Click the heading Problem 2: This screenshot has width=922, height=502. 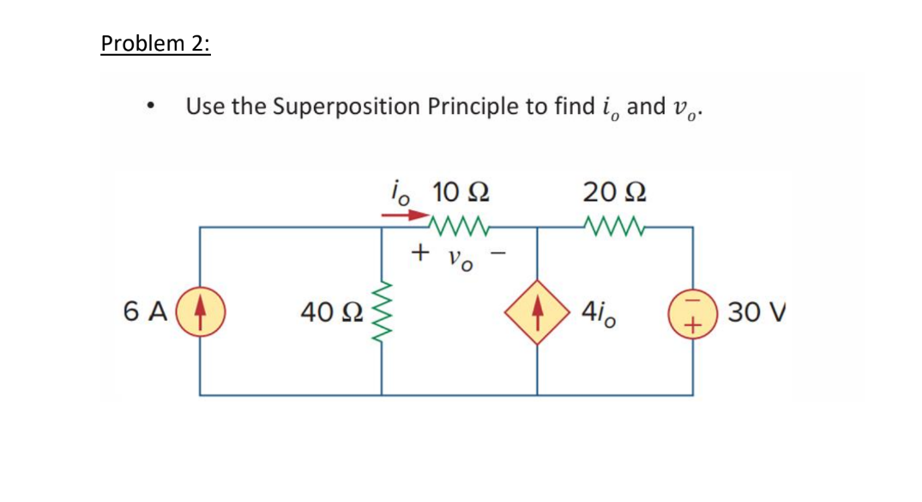pyautogui.click(x=155, y=44)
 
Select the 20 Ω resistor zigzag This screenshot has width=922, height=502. pyautogui.click(x=614, y=228)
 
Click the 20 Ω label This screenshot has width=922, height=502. pyautogui.click(x=615, y=191)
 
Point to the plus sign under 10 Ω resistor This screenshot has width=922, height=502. pyautogui.click(x=419, y=253)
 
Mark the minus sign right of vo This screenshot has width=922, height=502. pyautogui.click(x=503, y=253)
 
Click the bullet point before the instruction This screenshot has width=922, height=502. pyautogui.click(x=151, y=108)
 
